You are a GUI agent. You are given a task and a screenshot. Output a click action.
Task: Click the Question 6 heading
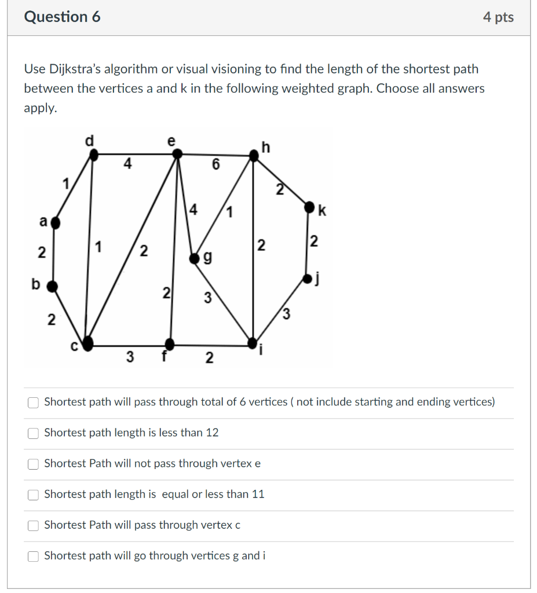[x=62, y=17]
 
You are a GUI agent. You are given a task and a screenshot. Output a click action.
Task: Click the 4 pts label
[x=498, y=17]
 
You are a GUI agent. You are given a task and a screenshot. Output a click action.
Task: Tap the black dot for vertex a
[x=55, y=221]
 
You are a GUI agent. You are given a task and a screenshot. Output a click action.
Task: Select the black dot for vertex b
[x=52, y=285]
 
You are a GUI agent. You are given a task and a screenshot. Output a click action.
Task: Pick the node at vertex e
[x=178, y=154]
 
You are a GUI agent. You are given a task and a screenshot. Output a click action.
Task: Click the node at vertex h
[x=253, y=155]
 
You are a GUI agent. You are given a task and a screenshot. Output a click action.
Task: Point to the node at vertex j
[x=307, y=280]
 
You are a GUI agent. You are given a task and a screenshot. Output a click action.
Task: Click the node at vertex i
[x=253, y=342]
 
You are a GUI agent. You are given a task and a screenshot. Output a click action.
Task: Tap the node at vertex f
[x=170, y=342]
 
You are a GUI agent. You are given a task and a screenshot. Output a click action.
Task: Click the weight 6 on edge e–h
[x=215, y=165]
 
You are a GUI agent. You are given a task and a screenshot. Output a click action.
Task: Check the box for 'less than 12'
[x=34, y=433]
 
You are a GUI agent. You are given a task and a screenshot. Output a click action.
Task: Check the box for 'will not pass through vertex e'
[x=34, y=464]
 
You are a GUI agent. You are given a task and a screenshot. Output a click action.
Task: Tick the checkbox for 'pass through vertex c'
[x=34, y=525]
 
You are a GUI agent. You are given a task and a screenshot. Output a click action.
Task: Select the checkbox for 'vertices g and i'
[x=34, y=556]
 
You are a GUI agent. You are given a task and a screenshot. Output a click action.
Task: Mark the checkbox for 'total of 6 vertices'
[x=34, y=402]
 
